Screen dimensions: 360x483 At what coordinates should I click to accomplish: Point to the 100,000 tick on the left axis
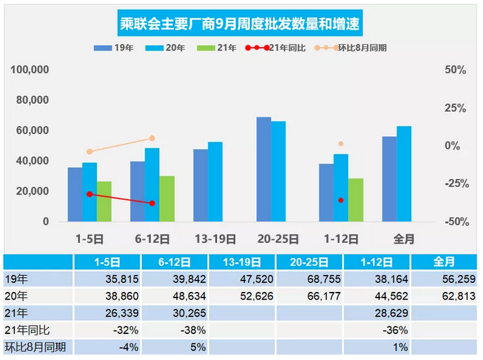pyautogui.click(x=29, y=70)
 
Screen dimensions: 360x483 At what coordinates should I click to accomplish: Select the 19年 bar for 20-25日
pyautogui.click(x=263, y=169)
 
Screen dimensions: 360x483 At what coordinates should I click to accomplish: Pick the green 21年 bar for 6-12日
pyautogui.click(x=166, y=199)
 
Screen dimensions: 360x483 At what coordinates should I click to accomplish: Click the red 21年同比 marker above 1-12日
pyautogui.click(x=341, y=201)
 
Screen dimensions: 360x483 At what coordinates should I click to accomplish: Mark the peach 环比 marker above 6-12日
pyautogui.click(x=152, y=138)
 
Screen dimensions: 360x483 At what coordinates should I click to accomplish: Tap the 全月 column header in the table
pyautogui.click(x=444, y=262)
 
